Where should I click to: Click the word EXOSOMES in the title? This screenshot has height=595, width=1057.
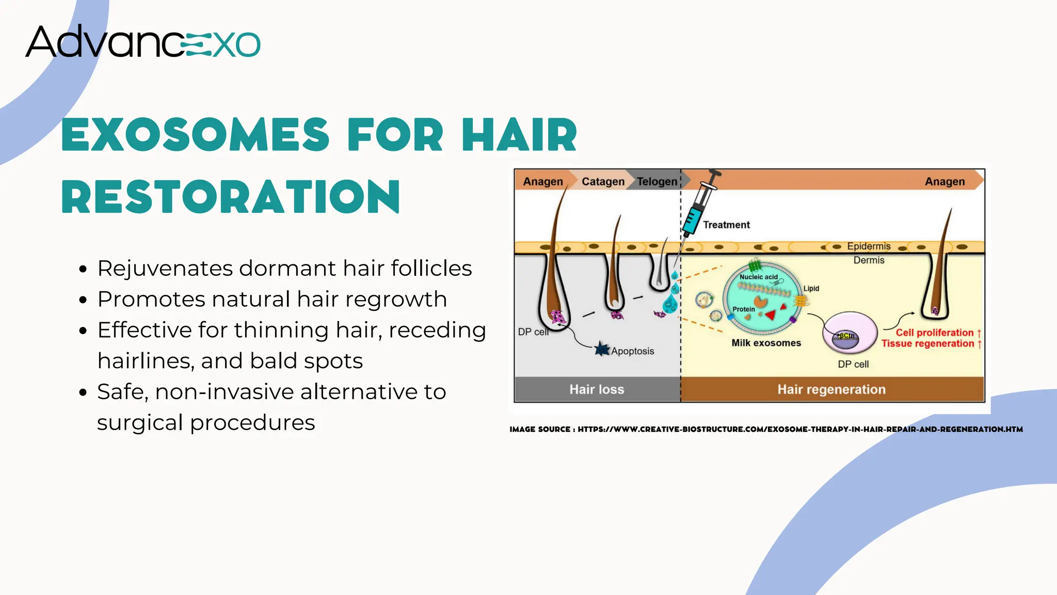(x=195, y=135)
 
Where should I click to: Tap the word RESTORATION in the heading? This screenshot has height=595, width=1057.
(x=231, y=197)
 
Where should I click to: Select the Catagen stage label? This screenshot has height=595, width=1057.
(x=603, y=182)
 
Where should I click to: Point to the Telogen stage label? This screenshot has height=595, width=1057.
(x=656, y=182)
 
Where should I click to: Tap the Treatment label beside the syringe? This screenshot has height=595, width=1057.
(x=726, y=225)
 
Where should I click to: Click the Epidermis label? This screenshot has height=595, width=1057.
(x=869, y=246)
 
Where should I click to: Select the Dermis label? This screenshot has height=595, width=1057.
(x=869, y=260)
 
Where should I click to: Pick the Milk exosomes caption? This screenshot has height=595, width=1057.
(x=766, y=343)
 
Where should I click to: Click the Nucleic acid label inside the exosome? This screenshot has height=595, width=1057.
(x=758, y=277)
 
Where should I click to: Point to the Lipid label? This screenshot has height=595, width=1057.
(x=811, y=288)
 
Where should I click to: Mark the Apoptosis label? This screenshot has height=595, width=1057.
(x=632, y=351)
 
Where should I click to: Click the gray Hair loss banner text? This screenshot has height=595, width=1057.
(x=597, y=389)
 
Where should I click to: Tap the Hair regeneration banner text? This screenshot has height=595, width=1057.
(x=831, y=389)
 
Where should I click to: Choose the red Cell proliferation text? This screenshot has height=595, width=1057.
(x=934, y=333)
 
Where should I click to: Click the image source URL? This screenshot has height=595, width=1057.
(x=800, y=429)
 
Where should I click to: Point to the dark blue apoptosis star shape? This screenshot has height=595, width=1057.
(x=601, y=349)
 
